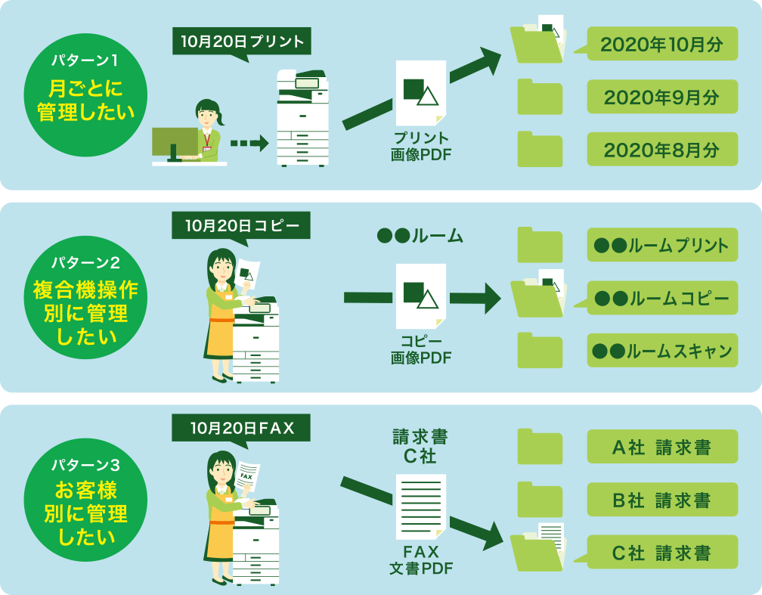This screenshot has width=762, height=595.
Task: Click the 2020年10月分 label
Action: pos(661,44)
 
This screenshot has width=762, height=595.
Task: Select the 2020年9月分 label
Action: pos(661,97)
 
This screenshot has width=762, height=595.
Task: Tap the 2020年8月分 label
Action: pos(661,149)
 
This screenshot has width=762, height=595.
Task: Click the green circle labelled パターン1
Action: pos(85,95)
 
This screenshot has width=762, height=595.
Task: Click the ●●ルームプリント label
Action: pos(661,245)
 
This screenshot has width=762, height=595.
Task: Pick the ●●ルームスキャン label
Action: pos(661,351)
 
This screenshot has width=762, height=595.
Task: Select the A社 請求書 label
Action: pos(661,447)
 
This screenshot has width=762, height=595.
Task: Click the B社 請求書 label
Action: pos(661,500)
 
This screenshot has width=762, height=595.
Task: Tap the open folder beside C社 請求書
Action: pos(539,549)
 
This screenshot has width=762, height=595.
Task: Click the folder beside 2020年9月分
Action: pos(540,98)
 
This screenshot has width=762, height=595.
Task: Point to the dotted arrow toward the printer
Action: pos(249,142)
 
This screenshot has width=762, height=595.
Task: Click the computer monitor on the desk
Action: pos(175,142)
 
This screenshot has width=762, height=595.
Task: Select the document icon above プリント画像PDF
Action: pos(420,92)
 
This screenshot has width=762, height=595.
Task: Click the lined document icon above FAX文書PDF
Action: pos(420,506)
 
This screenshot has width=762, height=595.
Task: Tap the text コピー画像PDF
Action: pos(421,349)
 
